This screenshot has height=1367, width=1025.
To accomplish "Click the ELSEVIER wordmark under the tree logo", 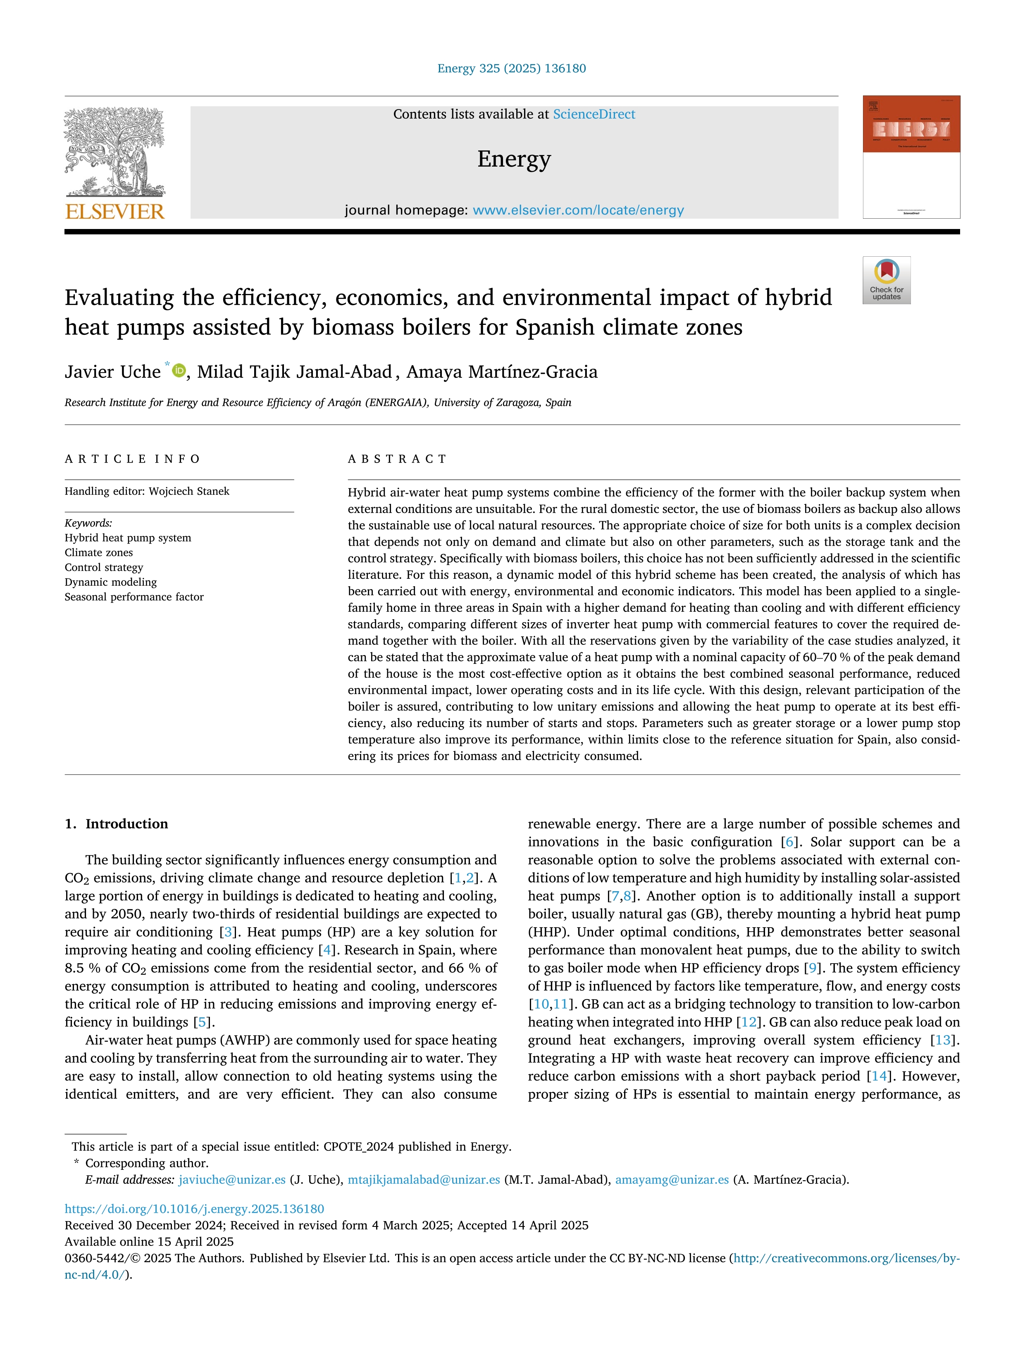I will pyautogui.click(x=114, y=212).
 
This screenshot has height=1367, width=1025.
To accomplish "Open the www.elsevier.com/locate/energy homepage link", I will pyautogui.click(x=578, y=210).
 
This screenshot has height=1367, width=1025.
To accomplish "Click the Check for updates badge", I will pyautogui.click(x=886, y=280).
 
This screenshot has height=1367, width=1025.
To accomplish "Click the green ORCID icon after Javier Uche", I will pyautogui.click(x=179, y=371).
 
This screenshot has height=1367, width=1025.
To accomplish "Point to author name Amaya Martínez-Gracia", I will pyautogui.click(x=502, y=372).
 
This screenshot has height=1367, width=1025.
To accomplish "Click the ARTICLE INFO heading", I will pyautogui.click(x=132, y=458).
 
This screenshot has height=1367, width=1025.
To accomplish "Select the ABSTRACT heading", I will pyautogui.click(x=397, y=458).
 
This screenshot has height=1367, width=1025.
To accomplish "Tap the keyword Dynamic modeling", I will pyautogui.click(x=111, y=582).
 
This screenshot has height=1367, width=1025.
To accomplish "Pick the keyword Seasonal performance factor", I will pyautogui.click(x=134, y=597).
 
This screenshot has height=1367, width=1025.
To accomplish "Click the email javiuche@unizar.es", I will pyautogui.click(x=232, y=1180).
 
